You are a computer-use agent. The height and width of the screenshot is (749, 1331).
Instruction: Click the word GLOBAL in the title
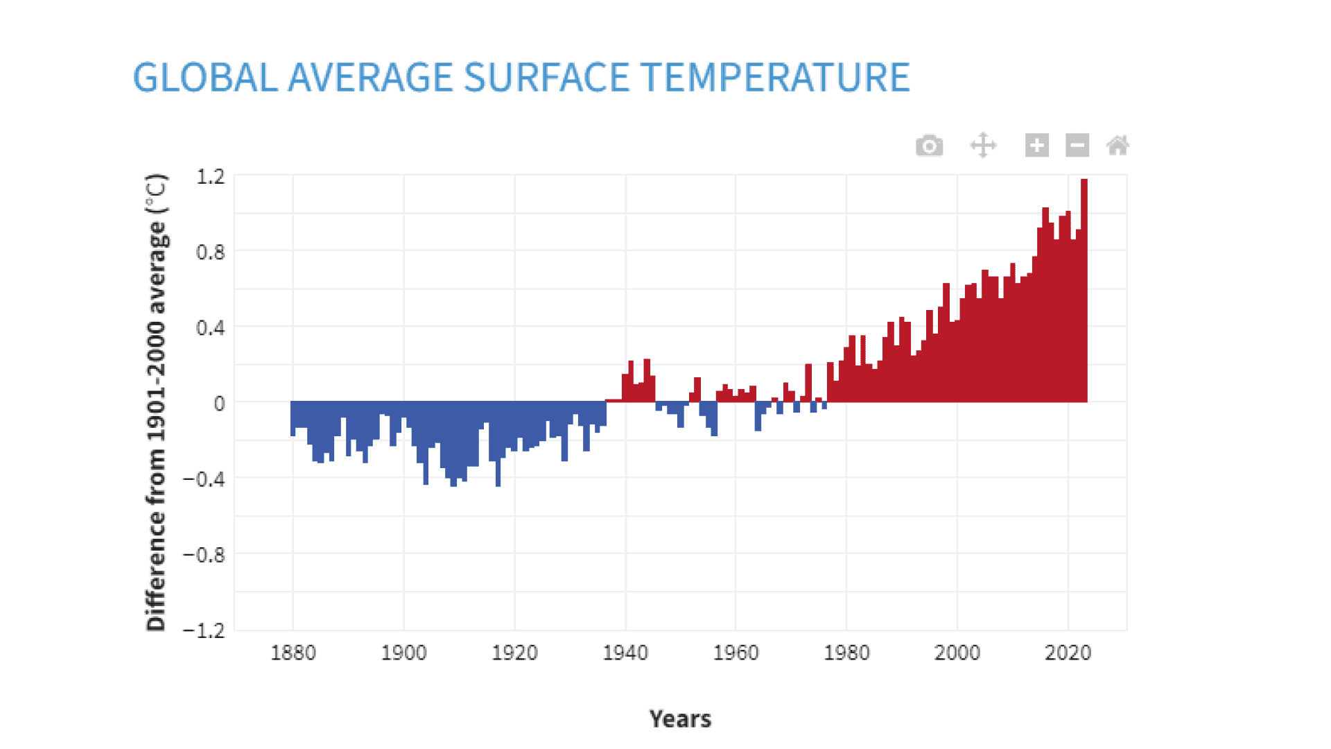[x=205, y=77]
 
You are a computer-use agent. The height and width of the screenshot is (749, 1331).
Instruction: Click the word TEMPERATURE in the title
[x=775, y=77]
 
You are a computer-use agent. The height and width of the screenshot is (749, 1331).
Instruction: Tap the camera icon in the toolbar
[x=929, y=146]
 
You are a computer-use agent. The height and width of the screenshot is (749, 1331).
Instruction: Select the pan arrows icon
[x=983, y=146]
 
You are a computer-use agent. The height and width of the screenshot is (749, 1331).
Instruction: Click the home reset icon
[x=1117, y=146]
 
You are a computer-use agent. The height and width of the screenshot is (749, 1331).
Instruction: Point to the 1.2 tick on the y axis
[x=211, y=177]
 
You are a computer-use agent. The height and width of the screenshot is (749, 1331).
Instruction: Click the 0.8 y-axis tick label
[x=211, y=252]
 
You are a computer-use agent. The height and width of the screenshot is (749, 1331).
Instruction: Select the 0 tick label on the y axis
[x=219, y=404]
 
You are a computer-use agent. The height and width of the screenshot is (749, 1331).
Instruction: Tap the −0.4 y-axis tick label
[x=205, y=479]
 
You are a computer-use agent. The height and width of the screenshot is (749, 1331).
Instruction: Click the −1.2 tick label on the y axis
[x=205, y=630]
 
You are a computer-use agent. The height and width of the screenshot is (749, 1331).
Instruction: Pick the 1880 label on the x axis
[x=293, y=653]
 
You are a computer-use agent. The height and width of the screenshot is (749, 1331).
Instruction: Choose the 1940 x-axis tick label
[x=625, y=653]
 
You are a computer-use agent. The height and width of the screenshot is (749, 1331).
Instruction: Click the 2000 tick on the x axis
[x=957, y=653]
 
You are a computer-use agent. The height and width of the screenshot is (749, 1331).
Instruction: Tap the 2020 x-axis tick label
[x=1068, y=653]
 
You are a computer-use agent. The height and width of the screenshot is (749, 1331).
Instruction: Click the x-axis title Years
[x=680, y=719]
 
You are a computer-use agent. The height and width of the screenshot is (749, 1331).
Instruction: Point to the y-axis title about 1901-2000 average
[x=157, y=402]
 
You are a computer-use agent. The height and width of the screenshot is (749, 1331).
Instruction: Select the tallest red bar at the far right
[x=1084, y=291]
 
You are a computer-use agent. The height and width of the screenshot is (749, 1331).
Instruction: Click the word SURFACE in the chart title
[x=546, y=77]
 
